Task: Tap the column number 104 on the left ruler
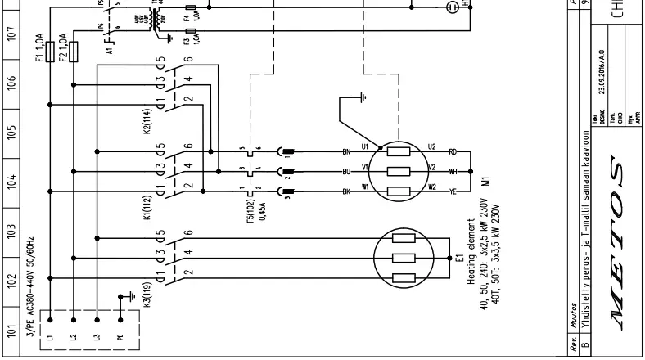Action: click(11, 180)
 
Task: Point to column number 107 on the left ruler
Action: click(11, 34)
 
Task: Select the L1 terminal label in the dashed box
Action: click(52, 337)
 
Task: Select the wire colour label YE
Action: click(452, 193)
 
